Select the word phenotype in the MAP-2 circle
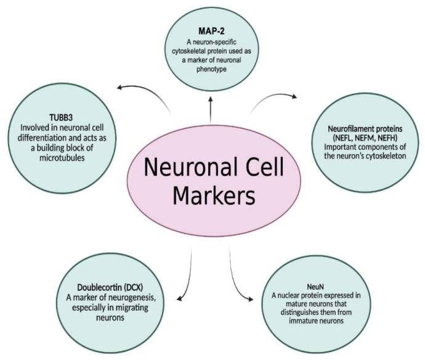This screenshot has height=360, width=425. [211, 69]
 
